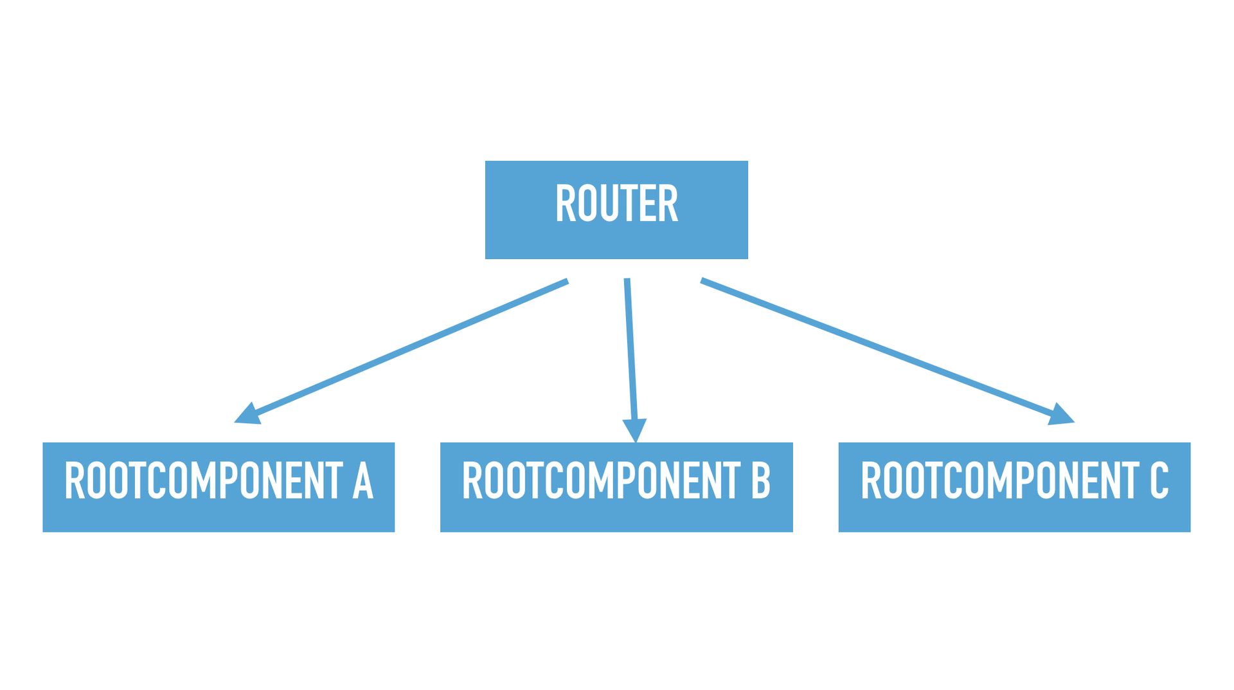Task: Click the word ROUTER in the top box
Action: click(616, 204)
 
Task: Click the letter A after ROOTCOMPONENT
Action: click(362, 481)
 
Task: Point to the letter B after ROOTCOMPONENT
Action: click(760, 481)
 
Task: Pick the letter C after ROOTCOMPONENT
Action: click(1158, 481)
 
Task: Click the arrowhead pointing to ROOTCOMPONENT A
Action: click(247, 415)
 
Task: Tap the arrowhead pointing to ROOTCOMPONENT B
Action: click(634, 430)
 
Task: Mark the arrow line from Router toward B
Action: click(630, 350)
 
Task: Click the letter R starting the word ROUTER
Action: click(564, 204)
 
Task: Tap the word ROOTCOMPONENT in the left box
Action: click(203, 481)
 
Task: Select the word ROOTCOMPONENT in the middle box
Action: click(601, 481)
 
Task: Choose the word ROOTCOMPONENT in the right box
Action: click(999, 481)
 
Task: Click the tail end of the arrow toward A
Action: click(566, 282)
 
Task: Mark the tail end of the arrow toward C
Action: click(704, 281)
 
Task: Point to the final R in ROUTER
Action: click(669, 204)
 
